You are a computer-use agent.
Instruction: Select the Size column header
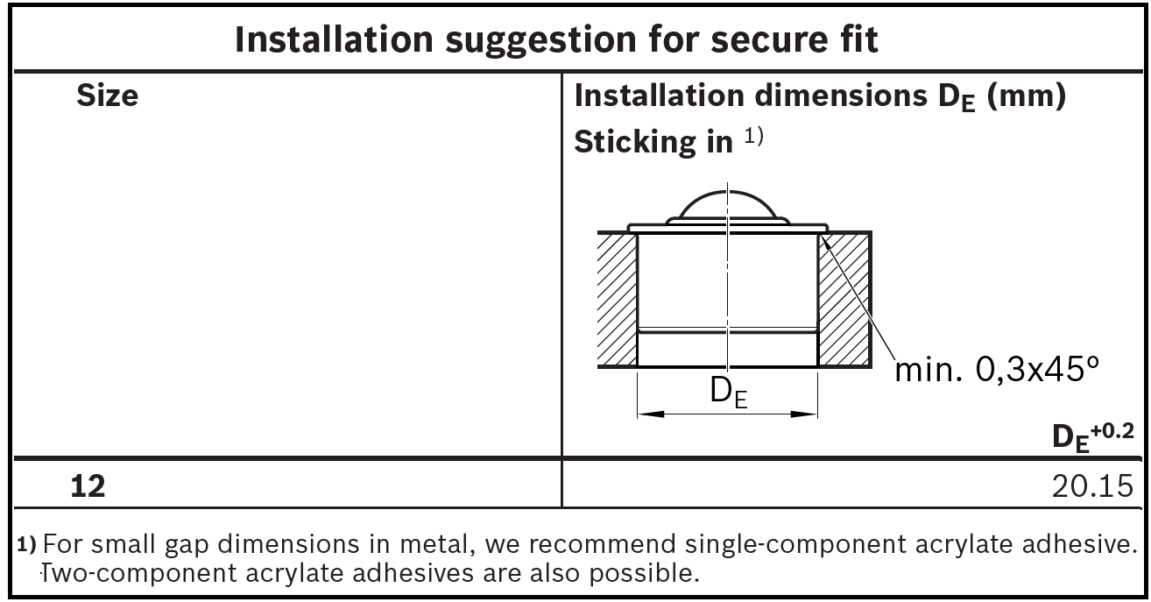107,96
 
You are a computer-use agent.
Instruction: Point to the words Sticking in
653,142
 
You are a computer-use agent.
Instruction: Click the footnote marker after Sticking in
756,137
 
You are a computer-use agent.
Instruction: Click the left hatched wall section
616,298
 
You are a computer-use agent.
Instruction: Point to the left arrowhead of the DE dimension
649,414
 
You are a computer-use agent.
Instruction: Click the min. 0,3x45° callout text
995,371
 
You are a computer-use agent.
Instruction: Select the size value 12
88,485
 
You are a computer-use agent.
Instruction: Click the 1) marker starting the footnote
27,544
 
